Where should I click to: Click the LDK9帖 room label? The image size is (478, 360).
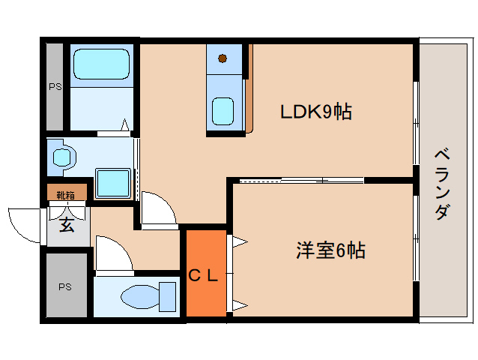[316, 112]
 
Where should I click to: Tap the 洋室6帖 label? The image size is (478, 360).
[330, 250]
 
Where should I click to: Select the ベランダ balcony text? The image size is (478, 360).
[442, 184]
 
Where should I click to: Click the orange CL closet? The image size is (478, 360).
[206, 273]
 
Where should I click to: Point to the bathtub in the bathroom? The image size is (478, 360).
[101, 64]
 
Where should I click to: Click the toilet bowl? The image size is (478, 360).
[140, 297]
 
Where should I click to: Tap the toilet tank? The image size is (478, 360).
[167, 297]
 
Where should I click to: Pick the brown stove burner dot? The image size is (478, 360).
[223, 58]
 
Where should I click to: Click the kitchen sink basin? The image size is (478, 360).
[223, 111]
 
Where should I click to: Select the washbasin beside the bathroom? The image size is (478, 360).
[62, 157]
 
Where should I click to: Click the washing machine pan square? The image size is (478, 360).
[113, 183]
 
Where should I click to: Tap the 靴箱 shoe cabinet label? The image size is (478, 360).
[65, 195]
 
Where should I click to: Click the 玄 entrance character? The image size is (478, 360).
[67, 225]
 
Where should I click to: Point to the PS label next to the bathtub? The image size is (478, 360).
[55, 87]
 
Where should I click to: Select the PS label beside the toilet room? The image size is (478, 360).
[65, 286]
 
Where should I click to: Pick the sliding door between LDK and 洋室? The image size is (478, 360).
[302, 181]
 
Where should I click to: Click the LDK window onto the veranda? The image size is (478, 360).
[416, 124]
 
